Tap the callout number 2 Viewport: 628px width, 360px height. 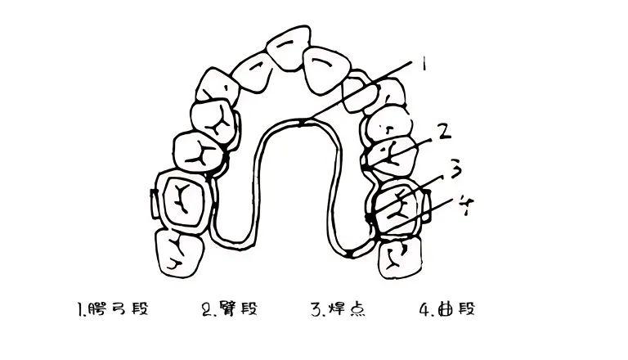443,129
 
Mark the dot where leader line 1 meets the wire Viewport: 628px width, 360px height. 301,123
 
